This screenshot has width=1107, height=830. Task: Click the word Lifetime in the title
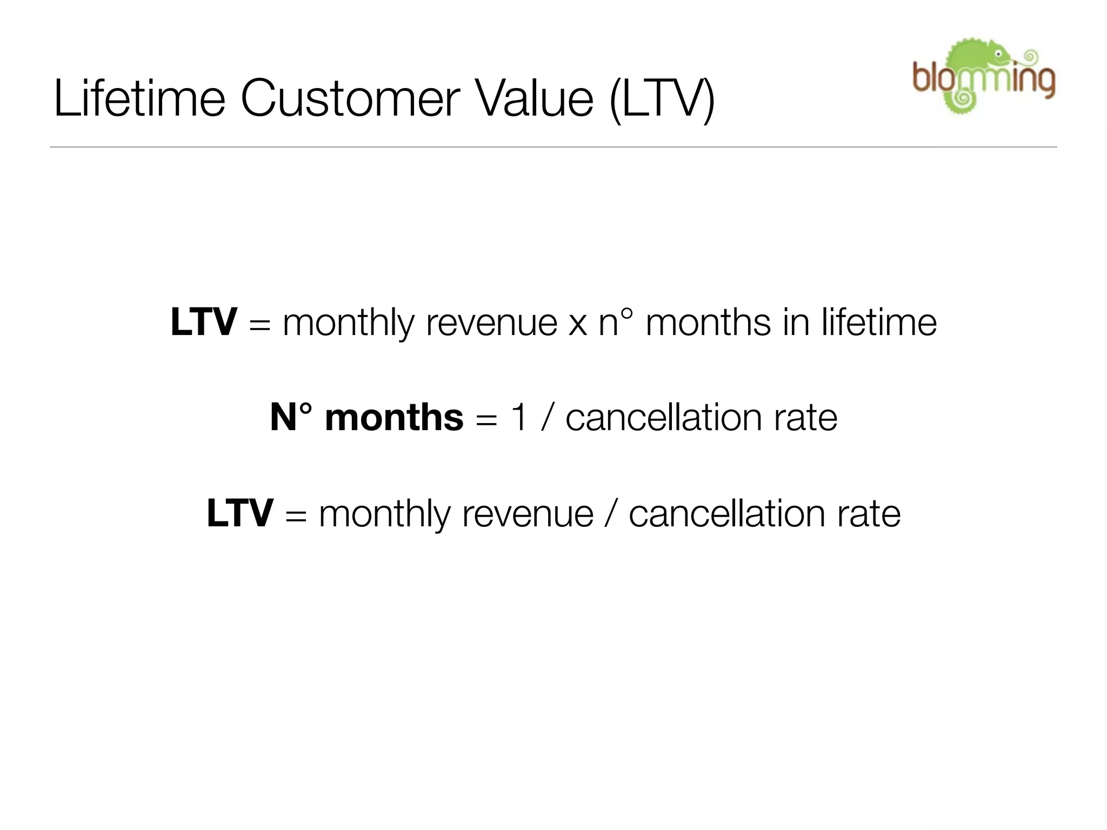click(139, 98)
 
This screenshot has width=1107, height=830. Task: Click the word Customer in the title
click(350, 98)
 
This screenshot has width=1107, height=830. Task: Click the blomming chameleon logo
click(983, 76)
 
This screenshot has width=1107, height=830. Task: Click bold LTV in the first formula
click(203, 322)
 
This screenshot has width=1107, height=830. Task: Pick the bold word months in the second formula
click(394, 418)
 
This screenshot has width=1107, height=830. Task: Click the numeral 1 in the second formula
click(518, 418)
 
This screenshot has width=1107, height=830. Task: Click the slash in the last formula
click(610, 514)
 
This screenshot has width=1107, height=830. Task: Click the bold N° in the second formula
click(291, 418)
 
